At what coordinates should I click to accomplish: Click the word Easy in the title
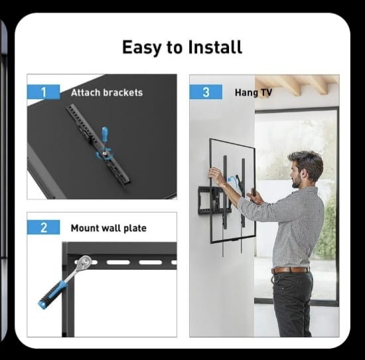coord(142,48)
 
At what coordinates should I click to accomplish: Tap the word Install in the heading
coord(215,47)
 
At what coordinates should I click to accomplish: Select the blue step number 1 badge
coord(43,92)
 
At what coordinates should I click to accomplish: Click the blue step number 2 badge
coord(43,227)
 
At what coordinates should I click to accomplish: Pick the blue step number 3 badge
coord(206,92)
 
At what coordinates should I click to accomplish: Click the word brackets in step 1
coord(123,93)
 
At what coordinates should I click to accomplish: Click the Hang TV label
coord(254,92)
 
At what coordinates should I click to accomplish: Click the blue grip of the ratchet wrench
coord(52,294)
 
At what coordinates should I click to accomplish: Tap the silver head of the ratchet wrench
coord(85,261)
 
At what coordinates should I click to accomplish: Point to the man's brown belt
coord(290,270)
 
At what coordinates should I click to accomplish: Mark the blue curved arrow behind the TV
coord(232,179)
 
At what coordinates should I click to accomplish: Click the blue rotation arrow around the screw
coord(104,155)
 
